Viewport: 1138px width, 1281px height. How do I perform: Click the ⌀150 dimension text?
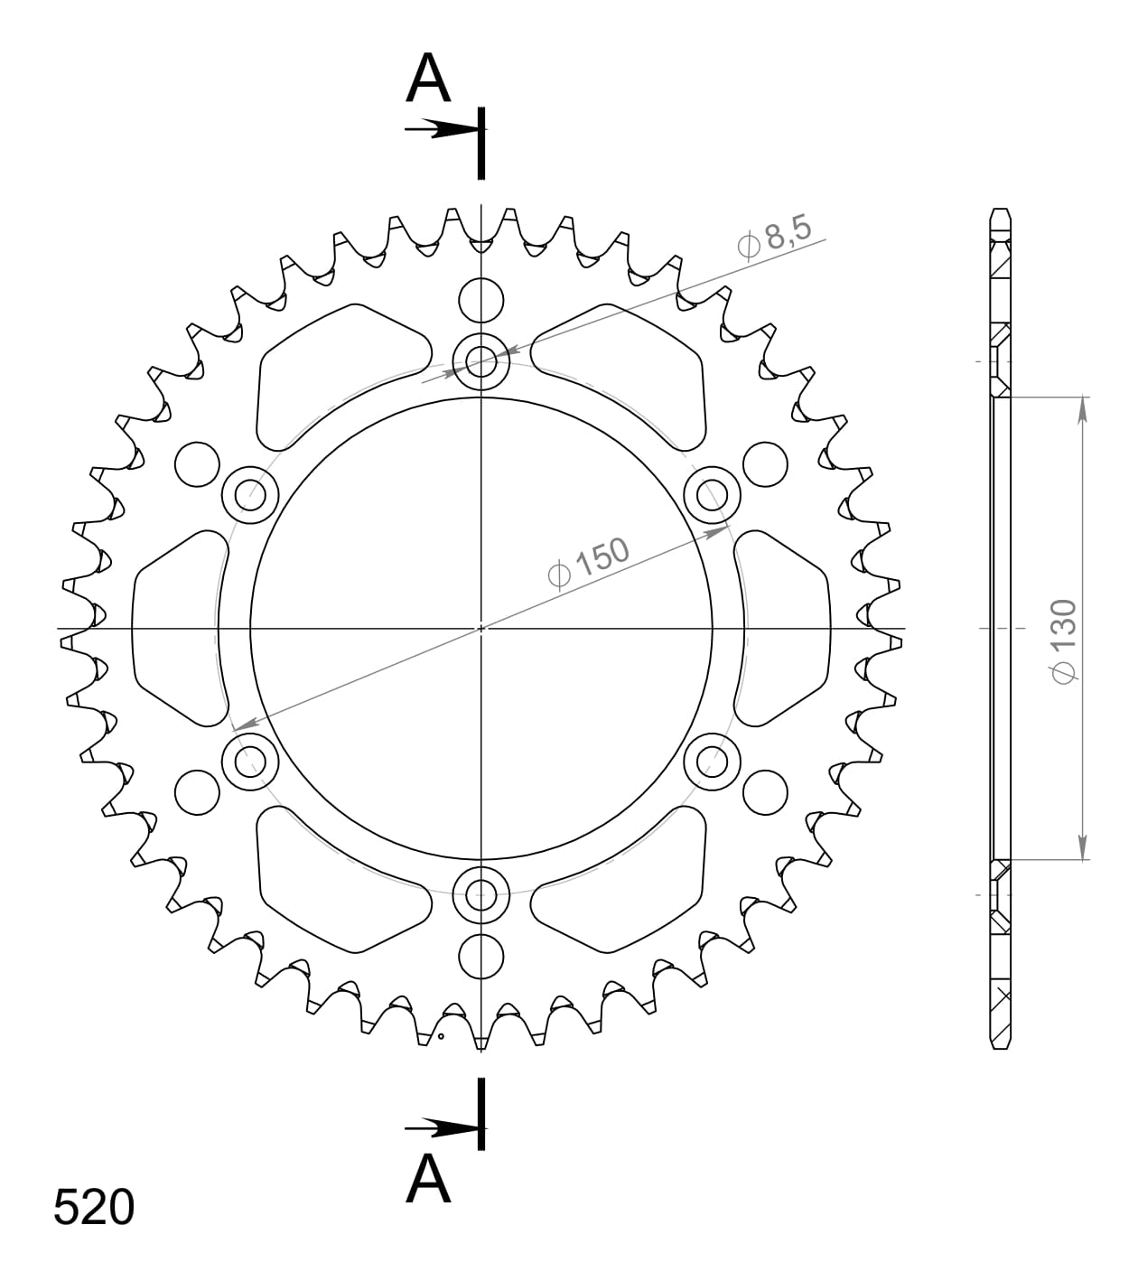point(588,563)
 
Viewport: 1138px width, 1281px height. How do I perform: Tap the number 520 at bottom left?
point(94,1207)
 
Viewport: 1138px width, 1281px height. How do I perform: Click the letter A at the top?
point(428,79)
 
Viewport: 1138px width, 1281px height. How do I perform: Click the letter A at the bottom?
point(428,1179)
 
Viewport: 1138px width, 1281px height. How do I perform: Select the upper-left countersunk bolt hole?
point(249,495)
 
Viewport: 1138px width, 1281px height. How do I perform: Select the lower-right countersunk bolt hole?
point(713,761)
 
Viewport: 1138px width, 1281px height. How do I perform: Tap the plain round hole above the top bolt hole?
point(481,300)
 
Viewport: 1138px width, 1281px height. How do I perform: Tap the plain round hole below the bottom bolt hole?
point(481,957)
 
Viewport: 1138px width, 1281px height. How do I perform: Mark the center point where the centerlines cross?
point(481,628)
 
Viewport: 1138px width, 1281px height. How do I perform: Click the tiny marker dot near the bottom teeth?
point(440,1036)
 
